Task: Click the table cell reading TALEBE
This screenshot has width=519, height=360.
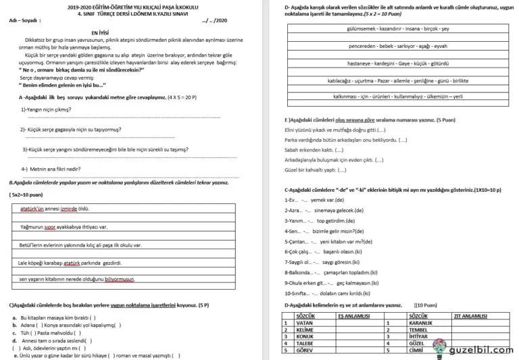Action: click(x=306, y=343)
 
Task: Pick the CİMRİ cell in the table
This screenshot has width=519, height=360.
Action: click(x=418, y=350)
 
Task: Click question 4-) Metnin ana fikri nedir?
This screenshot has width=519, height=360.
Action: click(x=51, y=168)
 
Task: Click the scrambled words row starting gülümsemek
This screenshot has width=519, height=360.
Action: click(x=397, y=29)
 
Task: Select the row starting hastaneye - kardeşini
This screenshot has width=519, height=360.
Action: click(x=397, y=63)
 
